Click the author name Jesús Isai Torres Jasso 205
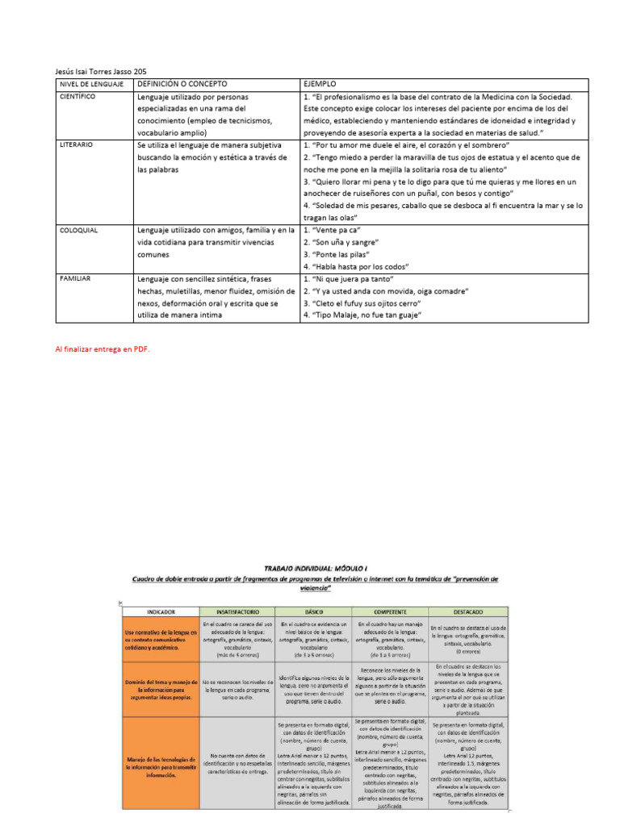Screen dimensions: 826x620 pyautogui.click(x=101, y=71)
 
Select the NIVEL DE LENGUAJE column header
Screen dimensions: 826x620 pyautogui.click(x=91, y=84)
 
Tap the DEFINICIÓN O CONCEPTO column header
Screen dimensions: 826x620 pyautogui.click(x=182, y=84)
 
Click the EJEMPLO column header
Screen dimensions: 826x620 pyautogui.click(x=319, y=84)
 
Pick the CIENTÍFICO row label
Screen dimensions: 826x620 pyautogui.click(x=78, y=97)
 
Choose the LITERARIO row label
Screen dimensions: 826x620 pyautogui.click(x=77, y=145)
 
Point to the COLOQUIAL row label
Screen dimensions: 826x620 pyautogui.click(x=79, y=230)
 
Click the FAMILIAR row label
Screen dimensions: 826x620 pyautogui.click(x=76, y=278)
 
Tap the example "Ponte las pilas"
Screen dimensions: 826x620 pyautogui.click(x=341, y=254)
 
